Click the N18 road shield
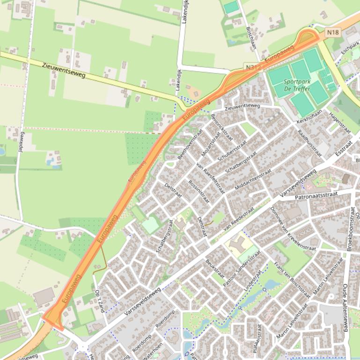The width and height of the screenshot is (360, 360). coord(333,32)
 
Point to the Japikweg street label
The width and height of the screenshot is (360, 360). coord(21,143)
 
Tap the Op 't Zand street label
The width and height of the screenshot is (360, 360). coord(99,302)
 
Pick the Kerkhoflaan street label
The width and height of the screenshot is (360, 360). coord(309,117)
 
